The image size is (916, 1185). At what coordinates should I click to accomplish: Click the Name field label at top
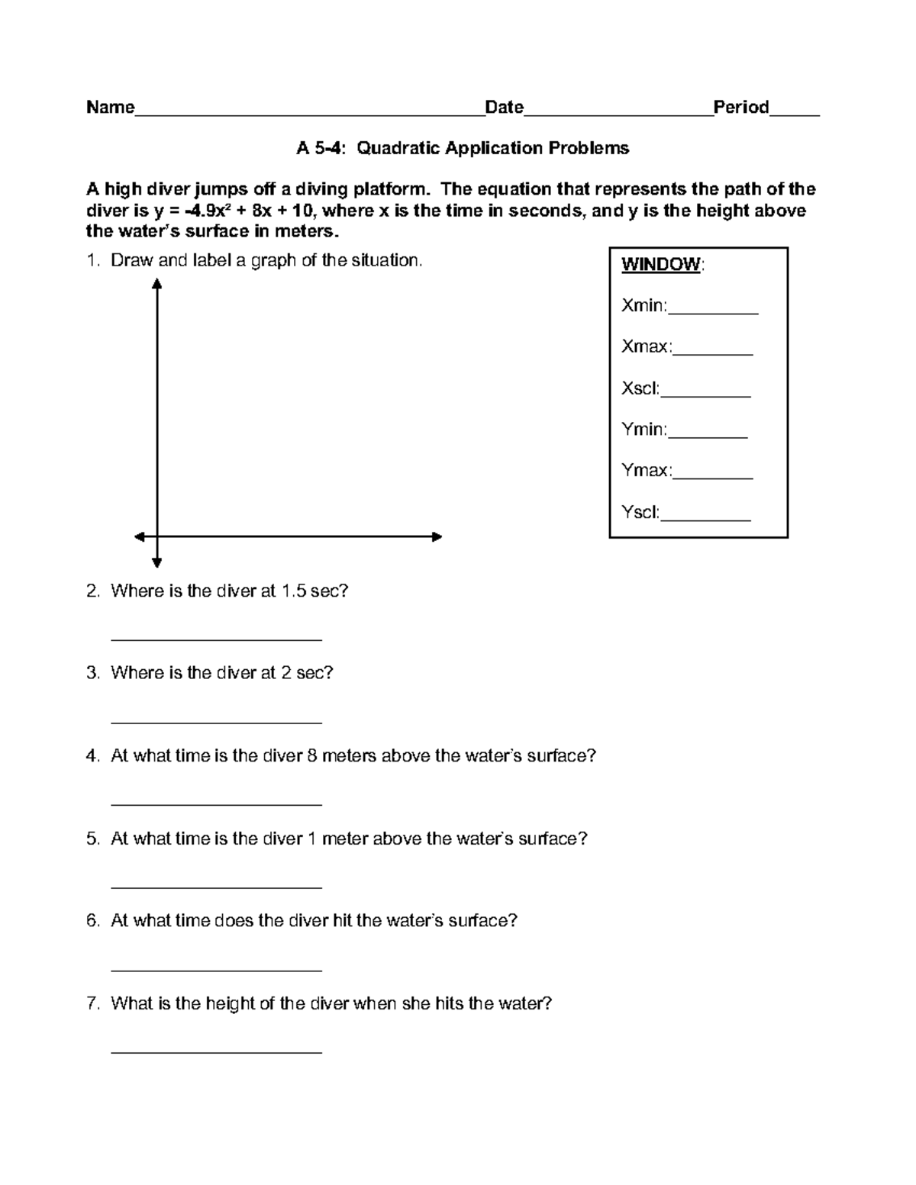pos(110,107)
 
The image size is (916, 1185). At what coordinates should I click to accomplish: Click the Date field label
pos(504,107)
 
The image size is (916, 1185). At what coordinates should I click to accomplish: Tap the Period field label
pos(740,107)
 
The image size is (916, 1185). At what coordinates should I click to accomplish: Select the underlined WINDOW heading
pos(660,265)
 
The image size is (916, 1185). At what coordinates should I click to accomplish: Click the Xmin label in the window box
pos(644,306)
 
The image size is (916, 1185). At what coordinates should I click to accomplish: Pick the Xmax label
pos(647,347)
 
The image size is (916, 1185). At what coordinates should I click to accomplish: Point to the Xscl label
pos(640,388)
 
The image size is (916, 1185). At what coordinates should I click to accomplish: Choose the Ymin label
pos(644,430)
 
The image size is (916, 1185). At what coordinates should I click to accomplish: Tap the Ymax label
pos(647,471)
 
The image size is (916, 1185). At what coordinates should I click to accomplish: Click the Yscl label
pos(640,512)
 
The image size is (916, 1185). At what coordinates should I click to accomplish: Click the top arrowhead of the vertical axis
pos(156,284)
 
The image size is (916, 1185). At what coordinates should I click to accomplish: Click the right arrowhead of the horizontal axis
pos(437,537)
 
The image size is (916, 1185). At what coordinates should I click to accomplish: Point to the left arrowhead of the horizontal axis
pos(140,537)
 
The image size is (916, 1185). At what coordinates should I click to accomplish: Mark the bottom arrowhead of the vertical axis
pos(156,563)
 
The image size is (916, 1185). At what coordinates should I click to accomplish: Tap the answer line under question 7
pos(216,1052)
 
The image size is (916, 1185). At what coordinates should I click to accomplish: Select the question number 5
pos(92,839)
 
